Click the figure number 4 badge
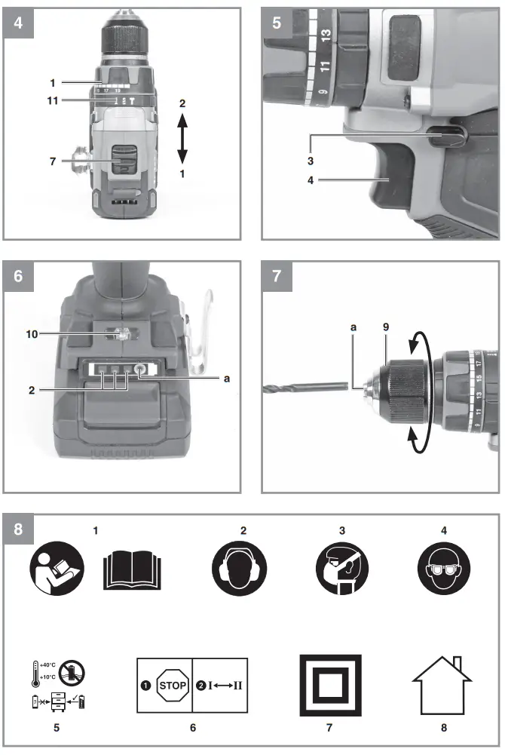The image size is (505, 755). coord(18,22)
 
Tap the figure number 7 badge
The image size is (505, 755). coord(277,276)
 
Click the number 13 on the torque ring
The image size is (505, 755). coord(326,35)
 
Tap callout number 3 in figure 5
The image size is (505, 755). coord(310,161)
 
